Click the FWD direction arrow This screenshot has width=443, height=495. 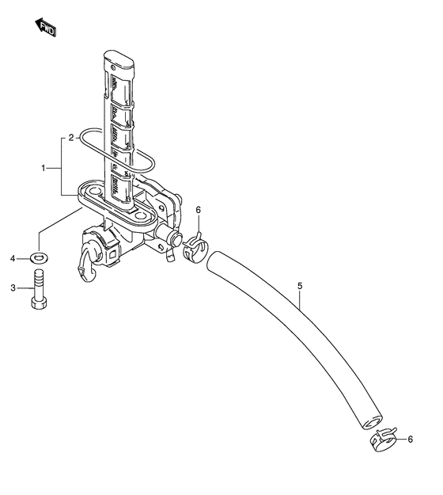point(45,28)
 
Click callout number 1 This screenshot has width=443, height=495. point(44,168)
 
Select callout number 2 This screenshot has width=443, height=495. point(71,138)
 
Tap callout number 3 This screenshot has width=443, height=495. point(13,288)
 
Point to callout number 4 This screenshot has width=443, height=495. point(13,259)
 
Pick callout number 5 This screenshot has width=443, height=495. point(300,286)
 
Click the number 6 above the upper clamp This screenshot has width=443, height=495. point(199,210)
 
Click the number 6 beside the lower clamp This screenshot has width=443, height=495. point(411,439)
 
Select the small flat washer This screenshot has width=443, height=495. point(39,258)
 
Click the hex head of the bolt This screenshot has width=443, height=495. point(39,303)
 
